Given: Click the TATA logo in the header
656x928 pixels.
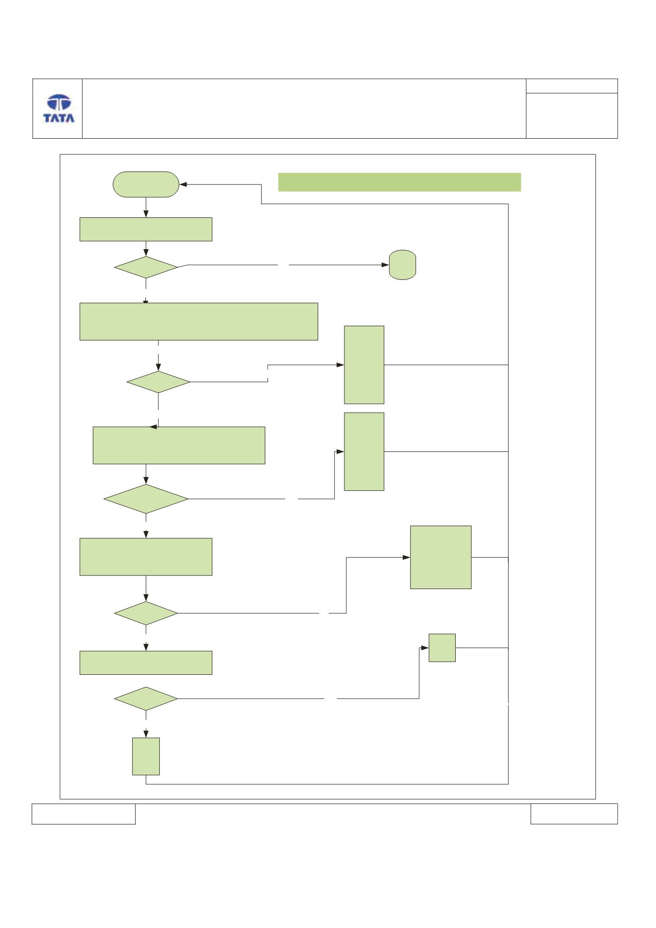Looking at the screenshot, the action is [x=58, y=109].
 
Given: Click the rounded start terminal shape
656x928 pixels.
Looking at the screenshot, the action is [x=146, y=184].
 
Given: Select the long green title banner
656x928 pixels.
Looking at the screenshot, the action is [x=399, y=182].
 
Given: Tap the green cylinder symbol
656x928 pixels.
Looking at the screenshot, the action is [x=402, y=264].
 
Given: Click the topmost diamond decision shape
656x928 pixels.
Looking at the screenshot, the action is [x=146, y=267].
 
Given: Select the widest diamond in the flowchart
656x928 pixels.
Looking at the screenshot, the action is [x=146, y=499].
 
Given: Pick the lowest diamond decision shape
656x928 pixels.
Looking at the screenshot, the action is [x=146, y=699].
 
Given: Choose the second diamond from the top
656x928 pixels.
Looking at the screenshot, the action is [x=158, y=382].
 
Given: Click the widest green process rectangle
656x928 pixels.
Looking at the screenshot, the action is [x=199, y=321].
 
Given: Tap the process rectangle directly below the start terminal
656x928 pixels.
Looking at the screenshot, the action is [x=146, y=229].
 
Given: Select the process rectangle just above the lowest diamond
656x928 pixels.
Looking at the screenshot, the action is [x=146, y=663].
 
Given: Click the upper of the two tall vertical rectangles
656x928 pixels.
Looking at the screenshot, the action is [x=364, y=365].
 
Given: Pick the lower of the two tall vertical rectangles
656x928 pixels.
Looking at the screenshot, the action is [x=364, y=451].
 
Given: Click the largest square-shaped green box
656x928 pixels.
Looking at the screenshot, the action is [x=441, y=557].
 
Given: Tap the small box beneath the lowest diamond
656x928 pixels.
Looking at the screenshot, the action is [x=146, y=757].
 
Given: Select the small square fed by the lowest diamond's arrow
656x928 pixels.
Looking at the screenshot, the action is [x=442, y=648].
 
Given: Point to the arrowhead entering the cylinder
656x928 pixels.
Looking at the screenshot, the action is [x=385, y=264].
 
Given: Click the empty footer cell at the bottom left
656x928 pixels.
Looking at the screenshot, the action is [x=84, y=814].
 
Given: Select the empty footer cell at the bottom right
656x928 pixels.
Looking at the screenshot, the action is [x=574, y=814].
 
